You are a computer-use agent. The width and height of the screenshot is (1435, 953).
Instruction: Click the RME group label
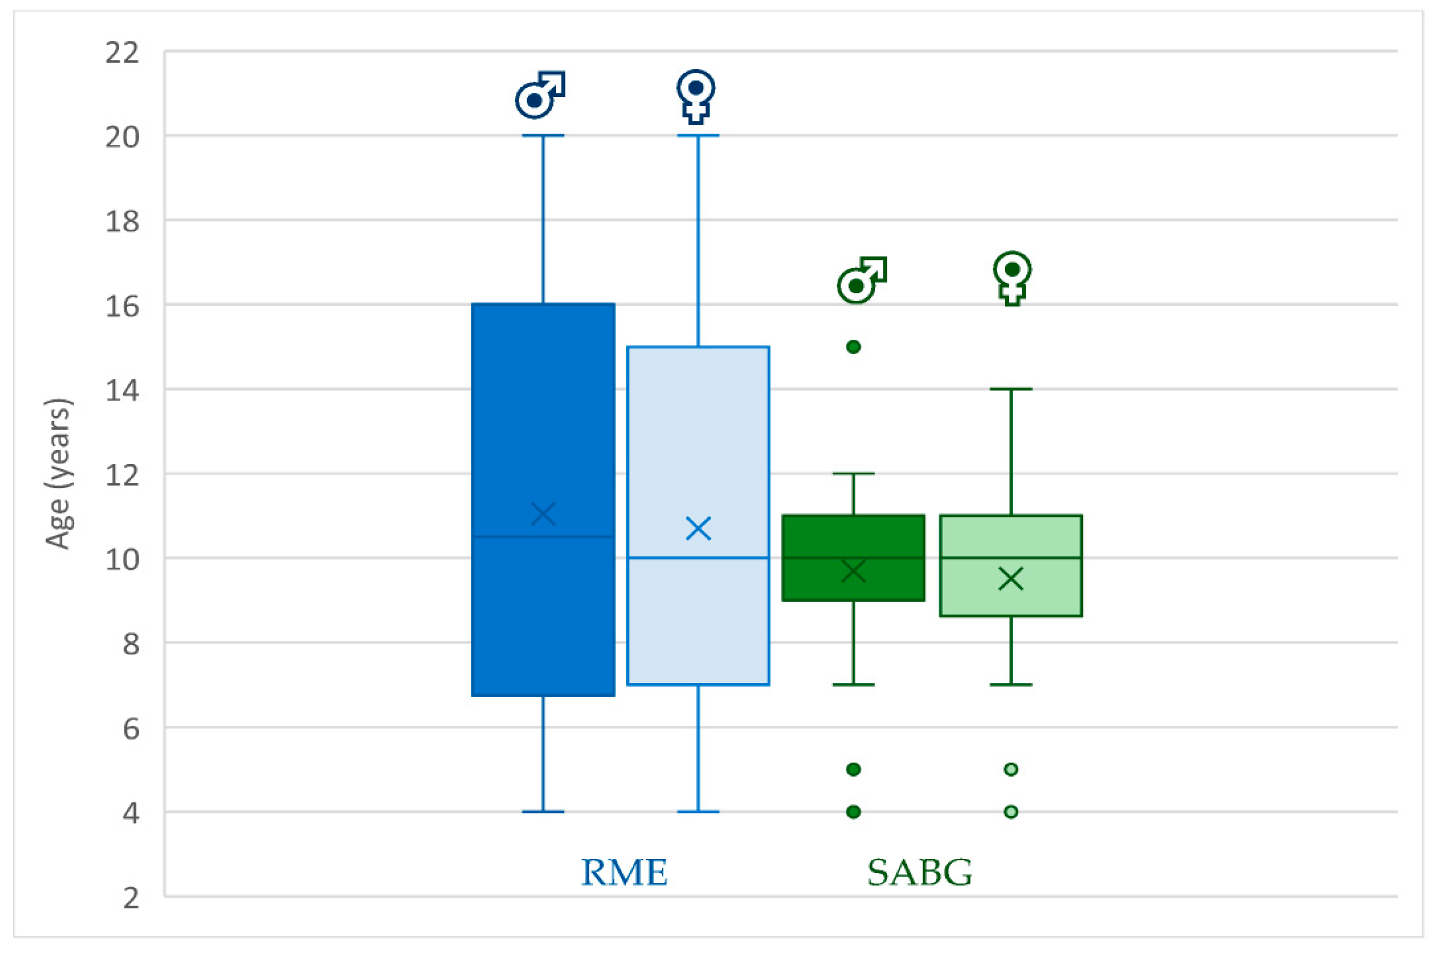coord(624,873)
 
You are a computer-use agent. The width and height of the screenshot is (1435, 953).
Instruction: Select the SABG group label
coord(919,873)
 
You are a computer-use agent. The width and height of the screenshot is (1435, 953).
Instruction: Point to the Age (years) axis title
coord(59,474)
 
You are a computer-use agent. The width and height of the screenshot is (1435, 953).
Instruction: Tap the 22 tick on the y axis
coord(121,53)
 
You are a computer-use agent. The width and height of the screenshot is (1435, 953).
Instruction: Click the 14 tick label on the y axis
coord(121,390)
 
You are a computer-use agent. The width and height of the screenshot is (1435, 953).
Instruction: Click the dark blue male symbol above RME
coord(540,95)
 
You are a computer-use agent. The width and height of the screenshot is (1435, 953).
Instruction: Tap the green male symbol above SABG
coord(861,280)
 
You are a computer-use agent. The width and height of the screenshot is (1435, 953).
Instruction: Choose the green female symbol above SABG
coord(1012,278)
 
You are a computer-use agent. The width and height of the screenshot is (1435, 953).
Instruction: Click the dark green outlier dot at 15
coord(853,347)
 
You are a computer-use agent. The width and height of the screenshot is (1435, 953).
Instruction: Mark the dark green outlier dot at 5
coord(853,769)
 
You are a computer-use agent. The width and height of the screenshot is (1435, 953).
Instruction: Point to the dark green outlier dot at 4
coord(853,812)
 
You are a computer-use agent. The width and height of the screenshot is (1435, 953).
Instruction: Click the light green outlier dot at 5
coord(1011,769)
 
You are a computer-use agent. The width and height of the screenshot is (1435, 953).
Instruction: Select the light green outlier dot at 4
coord(1011,812)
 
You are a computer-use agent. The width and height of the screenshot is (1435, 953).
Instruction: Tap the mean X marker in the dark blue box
coord(543,514)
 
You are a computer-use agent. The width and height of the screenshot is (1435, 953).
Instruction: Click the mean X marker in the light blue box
coord(699,529)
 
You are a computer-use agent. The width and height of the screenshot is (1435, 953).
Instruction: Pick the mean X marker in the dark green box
coord(853,571)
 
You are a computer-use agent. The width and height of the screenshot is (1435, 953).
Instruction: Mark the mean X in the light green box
coord(1011,579)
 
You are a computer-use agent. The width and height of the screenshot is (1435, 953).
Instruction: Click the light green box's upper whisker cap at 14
coord(1011,389)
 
